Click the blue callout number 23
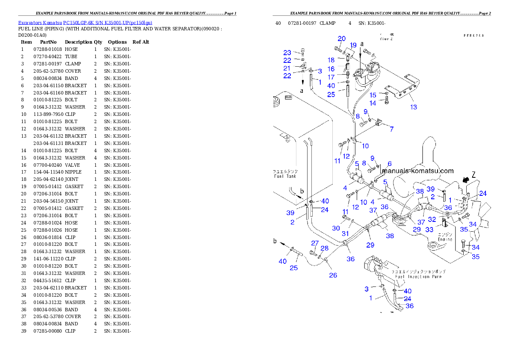pos(287,53)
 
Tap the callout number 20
pos(341,39)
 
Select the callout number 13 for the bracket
pos(414,107)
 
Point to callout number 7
pos(391,129)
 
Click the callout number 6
pos(390,164)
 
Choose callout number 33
pos(429,230)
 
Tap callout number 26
pos(333,275)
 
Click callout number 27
pos(315,243)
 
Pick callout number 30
pos(336,228)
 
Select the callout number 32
pos(432,219)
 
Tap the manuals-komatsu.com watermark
pos(418,171)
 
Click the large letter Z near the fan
pos(473,174)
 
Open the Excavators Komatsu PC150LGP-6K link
pos(85,23)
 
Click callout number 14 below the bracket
pos(373,103)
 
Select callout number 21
pos(287,68)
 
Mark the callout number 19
pos(353,45)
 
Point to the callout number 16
pos(331,69)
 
